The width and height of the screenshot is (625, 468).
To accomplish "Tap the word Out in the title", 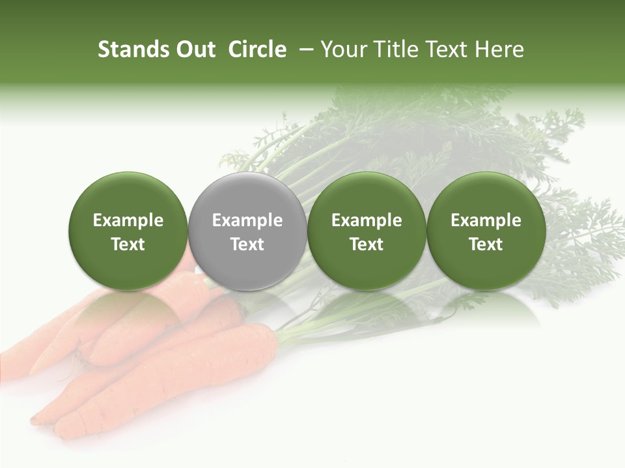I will pos(193,49).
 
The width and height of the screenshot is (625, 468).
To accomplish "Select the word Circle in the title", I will pos(257,49).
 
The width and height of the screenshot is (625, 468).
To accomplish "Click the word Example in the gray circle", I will pos(247,220).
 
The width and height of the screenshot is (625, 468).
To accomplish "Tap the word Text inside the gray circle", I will pos(247,244).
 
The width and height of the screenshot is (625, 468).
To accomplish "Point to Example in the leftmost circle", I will pos(128,220).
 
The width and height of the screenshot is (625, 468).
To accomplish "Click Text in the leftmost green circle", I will pos(128,244).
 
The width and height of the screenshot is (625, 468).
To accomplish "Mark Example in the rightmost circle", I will pos(486,220).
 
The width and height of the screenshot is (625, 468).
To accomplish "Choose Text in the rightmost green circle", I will pos(486,244).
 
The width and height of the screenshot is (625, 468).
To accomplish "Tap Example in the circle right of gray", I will pos(367,220).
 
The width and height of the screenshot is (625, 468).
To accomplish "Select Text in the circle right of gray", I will pos(367,244).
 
